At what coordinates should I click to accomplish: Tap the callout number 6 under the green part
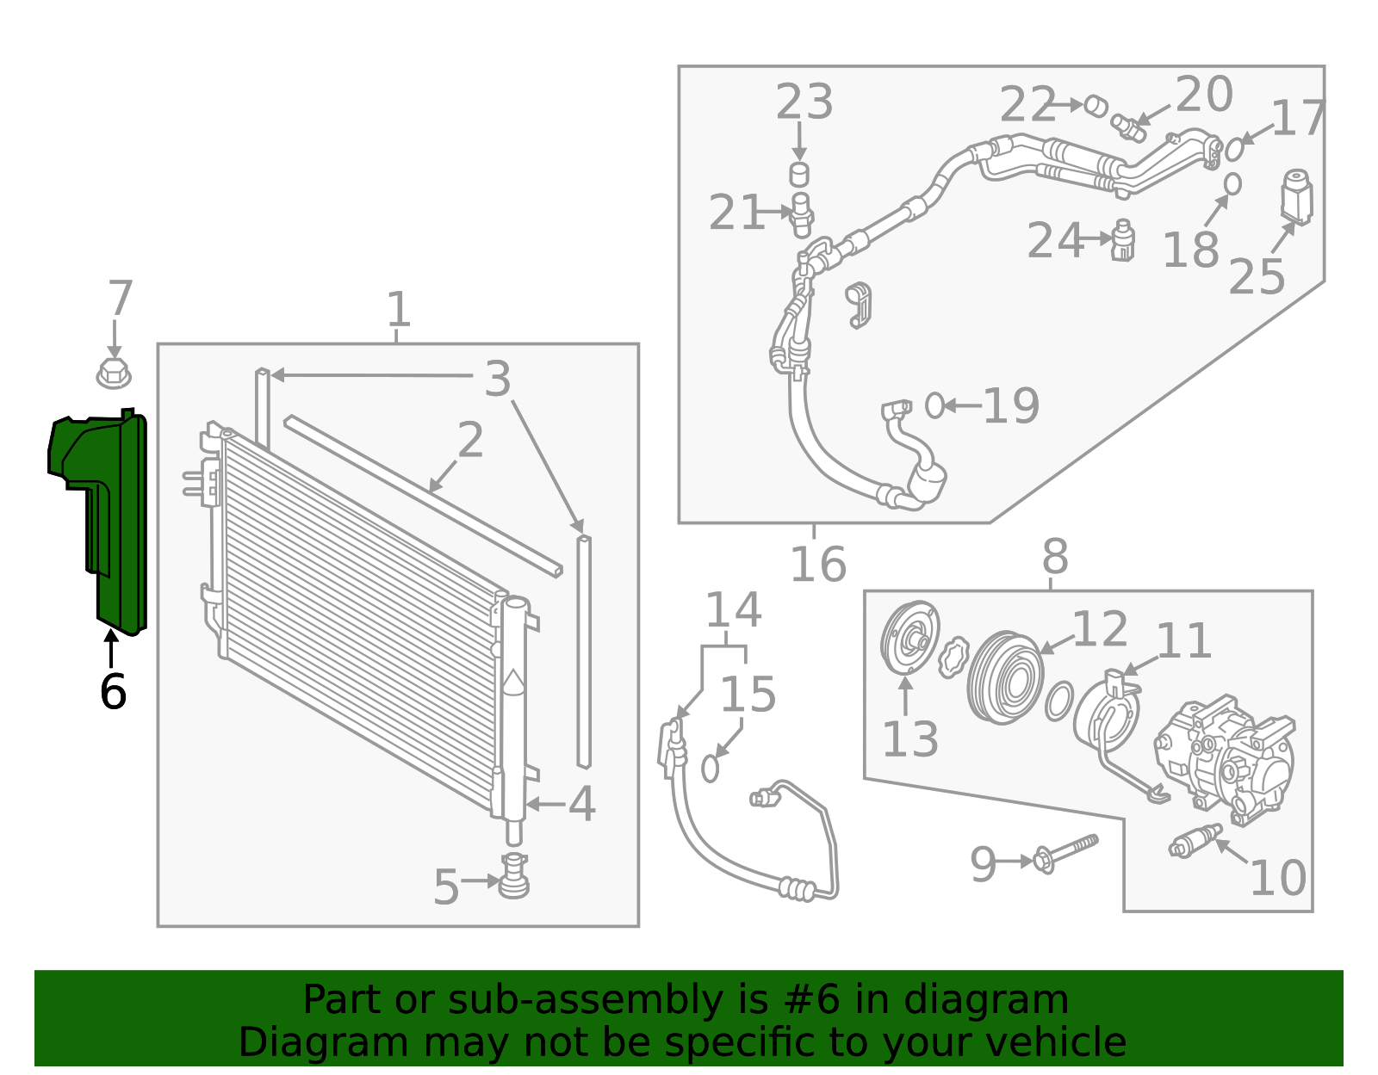coord(113,691)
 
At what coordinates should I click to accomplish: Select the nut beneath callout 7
coord(113,374)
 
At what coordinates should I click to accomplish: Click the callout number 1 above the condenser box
coord(397,309)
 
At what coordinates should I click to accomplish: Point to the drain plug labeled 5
coord(514,876)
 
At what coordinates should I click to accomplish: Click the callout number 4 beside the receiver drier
coord(581,804)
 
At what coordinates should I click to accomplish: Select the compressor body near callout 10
coord(1227,757)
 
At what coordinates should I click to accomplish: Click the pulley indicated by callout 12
coord(1004,677)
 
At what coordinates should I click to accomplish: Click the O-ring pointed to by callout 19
coord(934,405)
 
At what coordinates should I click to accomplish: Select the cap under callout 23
coord(799,174)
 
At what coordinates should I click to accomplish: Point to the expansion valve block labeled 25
coord(1296,196)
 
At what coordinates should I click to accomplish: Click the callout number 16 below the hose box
coord(818,565)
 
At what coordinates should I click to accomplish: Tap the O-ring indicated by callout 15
coord(710,768)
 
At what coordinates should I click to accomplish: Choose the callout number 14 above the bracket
coord(732,610)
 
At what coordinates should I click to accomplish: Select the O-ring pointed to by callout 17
coord(1234,149)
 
